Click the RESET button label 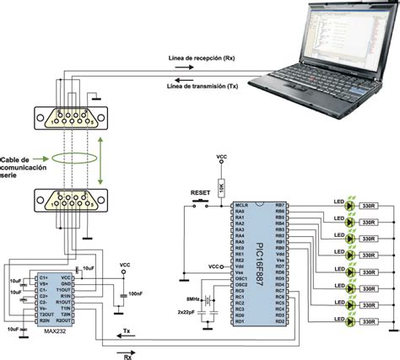[198, 191]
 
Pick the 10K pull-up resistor [222, 186]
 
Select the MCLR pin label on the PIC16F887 [240, 206]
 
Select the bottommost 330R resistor [368, 322]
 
